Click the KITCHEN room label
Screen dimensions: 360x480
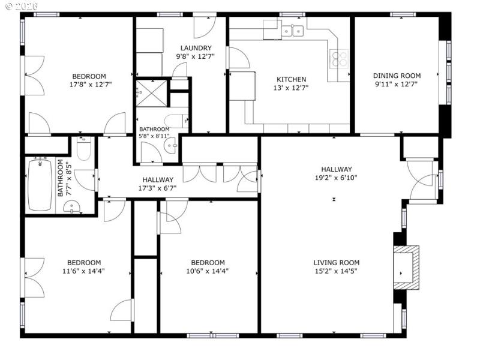coord(291,79)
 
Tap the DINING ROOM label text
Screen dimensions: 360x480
coord(397,76)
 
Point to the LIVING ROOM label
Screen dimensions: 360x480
coord(336,262)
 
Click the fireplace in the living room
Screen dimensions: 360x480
coord(406,265)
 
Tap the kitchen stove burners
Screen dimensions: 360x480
coord(340,59)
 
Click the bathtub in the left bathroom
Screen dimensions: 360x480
coord(41,184)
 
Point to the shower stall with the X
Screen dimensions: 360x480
coord(151,93)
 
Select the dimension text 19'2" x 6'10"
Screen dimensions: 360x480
coord(336,178)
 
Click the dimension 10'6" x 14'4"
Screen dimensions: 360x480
coord(208,271)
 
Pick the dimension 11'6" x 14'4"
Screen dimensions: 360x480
coord(83,271)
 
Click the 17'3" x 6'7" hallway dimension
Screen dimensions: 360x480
coord(157,188)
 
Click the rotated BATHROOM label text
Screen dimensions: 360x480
coord(61,178)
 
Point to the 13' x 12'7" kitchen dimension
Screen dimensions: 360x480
coord(291,88)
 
